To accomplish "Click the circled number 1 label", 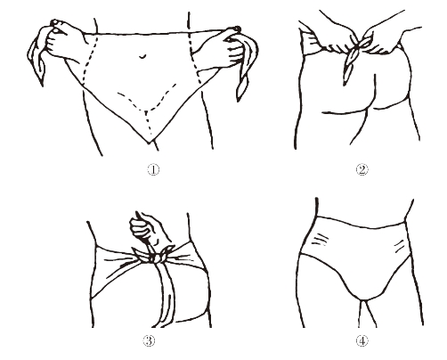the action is (x=153, y=169).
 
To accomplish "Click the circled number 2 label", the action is (x=362, y=169).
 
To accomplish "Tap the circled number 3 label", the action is (x=150, y=340).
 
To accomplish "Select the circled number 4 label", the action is (x=362, y=340).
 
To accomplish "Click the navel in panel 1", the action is (x=142, y=56).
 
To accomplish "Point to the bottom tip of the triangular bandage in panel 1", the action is (x=150, y=143).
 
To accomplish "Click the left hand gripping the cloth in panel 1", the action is (x=62, y=40).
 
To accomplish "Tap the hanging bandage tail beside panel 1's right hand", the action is (x=247, y=71).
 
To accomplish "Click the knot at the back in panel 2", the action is (x=359, y=45).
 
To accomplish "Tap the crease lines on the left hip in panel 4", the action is (x=320, y=240).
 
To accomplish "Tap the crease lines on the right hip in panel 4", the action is (x=399, y=246).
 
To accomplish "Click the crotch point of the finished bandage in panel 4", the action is (x=362, y=299).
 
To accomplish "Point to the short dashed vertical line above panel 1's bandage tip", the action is (x=147, y=123).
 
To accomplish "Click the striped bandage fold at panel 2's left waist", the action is (x=310, y=45).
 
